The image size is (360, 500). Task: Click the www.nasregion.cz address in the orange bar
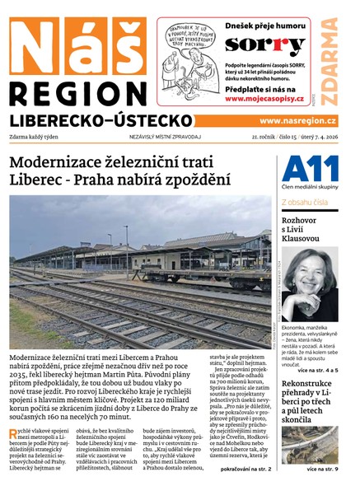[x=300, y=120]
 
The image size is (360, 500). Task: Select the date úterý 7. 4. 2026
[x=324, y=137]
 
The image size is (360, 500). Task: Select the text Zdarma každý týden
[x=35, y=137]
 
